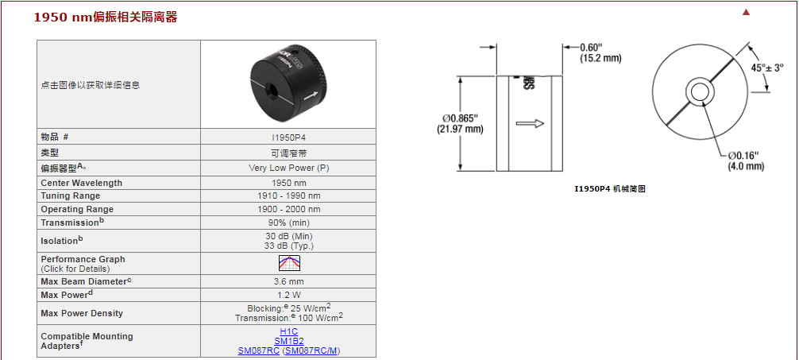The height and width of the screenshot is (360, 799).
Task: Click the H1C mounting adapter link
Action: pos(289,332)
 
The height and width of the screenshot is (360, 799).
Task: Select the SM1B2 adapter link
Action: pos(289,341)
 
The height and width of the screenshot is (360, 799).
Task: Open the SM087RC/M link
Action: pos(312,350)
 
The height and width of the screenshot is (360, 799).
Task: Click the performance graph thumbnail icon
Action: pos(289,263)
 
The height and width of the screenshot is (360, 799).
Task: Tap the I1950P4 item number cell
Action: pos(289,137)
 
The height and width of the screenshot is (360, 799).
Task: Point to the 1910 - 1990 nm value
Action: pos(289,195)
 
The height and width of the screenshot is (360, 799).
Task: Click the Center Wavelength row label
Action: pos(82,183)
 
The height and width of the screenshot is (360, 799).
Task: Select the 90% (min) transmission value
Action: pos(289,223)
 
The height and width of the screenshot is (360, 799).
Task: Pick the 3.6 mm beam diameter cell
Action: pos(289,281)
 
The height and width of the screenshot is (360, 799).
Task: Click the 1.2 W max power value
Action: pos(289,295)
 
